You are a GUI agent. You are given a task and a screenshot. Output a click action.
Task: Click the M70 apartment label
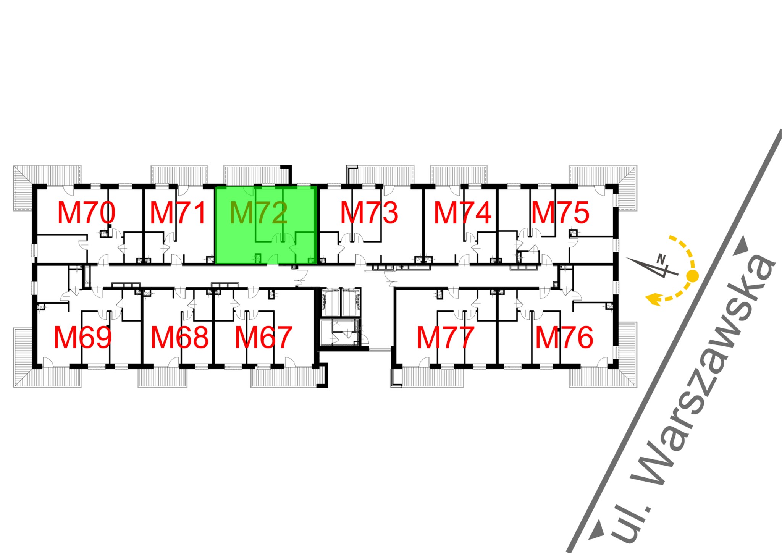pos(86,213)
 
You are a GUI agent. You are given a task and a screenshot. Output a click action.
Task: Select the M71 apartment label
pos(178,213)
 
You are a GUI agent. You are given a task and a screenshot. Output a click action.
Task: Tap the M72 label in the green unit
pos(259,213)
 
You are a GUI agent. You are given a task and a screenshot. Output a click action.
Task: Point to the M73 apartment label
pos(369,213)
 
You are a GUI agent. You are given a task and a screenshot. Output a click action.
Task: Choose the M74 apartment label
pos(462,213)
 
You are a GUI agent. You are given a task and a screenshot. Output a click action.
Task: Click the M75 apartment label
pos(561,213)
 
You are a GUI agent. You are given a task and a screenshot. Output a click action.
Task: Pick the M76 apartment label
pos(564,338)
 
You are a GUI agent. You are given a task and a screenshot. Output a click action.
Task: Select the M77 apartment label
pos(446,338)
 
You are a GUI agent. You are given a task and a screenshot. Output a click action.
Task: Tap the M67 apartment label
pos(263,338)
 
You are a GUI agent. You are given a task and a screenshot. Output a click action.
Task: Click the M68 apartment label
pos(180,338)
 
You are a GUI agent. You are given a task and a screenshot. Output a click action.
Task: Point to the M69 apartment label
pos(83,338)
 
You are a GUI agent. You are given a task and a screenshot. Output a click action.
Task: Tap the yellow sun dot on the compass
pos(692,275)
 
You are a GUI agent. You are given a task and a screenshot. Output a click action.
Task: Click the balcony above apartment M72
pos(256,175)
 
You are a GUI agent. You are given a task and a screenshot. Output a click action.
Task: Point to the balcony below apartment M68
pos(162,378)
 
